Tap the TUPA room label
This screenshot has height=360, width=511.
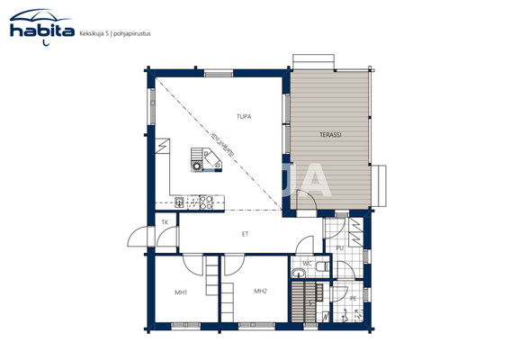click(243, 116)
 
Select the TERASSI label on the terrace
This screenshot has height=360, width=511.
click(330, 135)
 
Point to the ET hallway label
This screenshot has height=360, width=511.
click(245, 234)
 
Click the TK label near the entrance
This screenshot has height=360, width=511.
click(165, 222)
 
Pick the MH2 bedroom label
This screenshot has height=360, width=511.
click(260, 291)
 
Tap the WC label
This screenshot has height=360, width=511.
click(307, 264)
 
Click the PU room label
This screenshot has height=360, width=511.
click(340, 247)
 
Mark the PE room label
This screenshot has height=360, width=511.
click(354, 296)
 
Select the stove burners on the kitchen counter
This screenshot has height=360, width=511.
click(205, 202)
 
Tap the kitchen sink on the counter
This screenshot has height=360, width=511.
click(180, 202)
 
